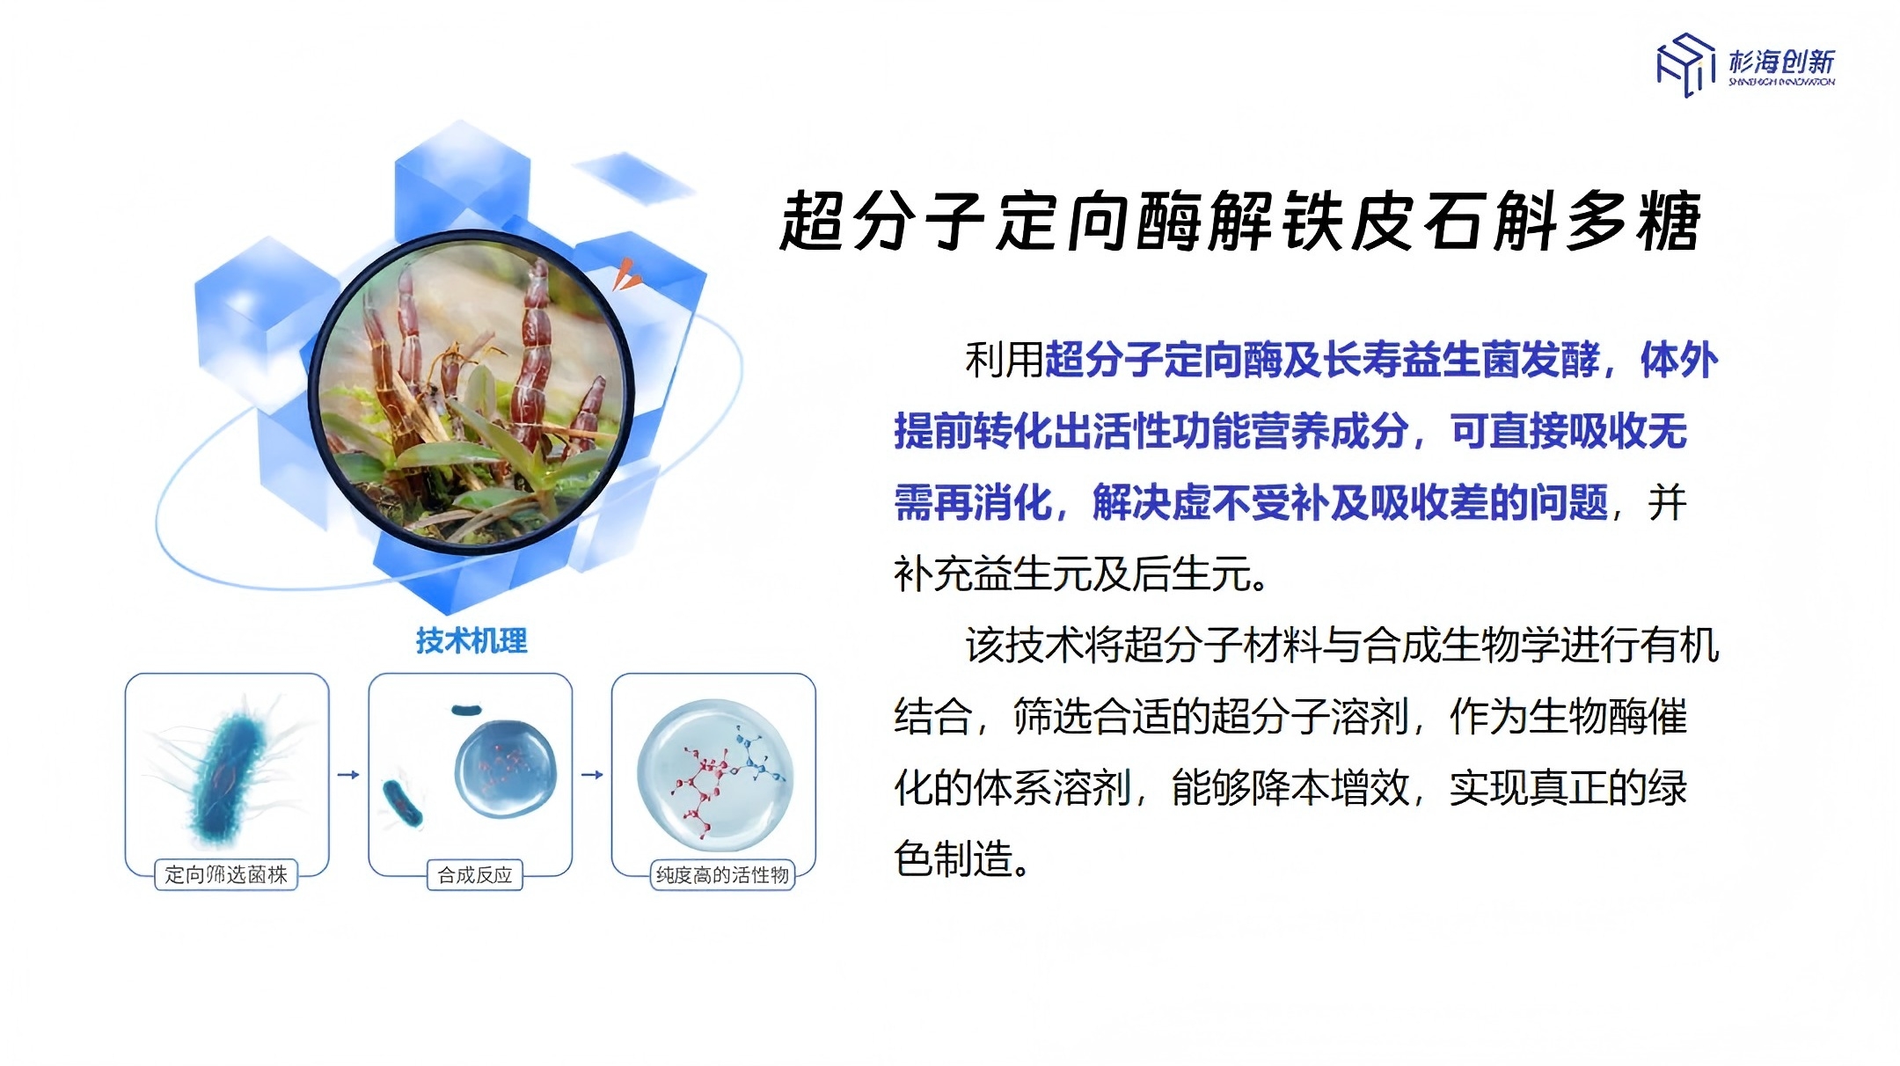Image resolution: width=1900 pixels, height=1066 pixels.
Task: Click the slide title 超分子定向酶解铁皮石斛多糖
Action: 1240,221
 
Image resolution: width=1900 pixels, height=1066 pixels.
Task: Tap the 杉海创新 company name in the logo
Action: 1781,61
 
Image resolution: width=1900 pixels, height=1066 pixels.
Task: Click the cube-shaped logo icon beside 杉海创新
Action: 1685,64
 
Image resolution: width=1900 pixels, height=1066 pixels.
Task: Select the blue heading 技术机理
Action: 471,640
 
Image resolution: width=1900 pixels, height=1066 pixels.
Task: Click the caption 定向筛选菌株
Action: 226,874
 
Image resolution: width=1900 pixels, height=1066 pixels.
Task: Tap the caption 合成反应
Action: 475,875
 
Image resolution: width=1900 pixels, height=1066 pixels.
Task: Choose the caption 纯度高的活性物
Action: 722,875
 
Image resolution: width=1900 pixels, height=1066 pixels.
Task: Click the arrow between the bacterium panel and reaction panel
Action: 348,775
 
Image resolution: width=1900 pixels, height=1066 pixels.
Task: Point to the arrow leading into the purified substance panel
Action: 592,775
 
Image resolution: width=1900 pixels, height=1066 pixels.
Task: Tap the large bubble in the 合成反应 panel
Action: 506,768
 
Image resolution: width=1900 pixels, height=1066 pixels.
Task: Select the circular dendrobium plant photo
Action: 471,393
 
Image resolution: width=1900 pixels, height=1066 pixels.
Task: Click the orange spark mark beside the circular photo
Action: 626,274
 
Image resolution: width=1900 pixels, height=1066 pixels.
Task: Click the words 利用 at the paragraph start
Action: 1004,360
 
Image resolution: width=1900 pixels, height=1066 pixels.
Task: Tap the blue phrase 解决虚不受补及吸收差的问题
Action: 1350,503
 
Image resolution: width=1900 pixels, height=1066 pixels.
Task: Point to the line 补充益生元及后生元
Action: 1081,574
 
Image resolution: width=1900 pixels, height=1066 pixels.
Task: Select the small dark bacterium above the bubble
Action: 466,709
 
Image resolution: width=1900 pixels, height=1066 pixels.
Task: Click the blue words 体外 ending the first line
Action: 1678,360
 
